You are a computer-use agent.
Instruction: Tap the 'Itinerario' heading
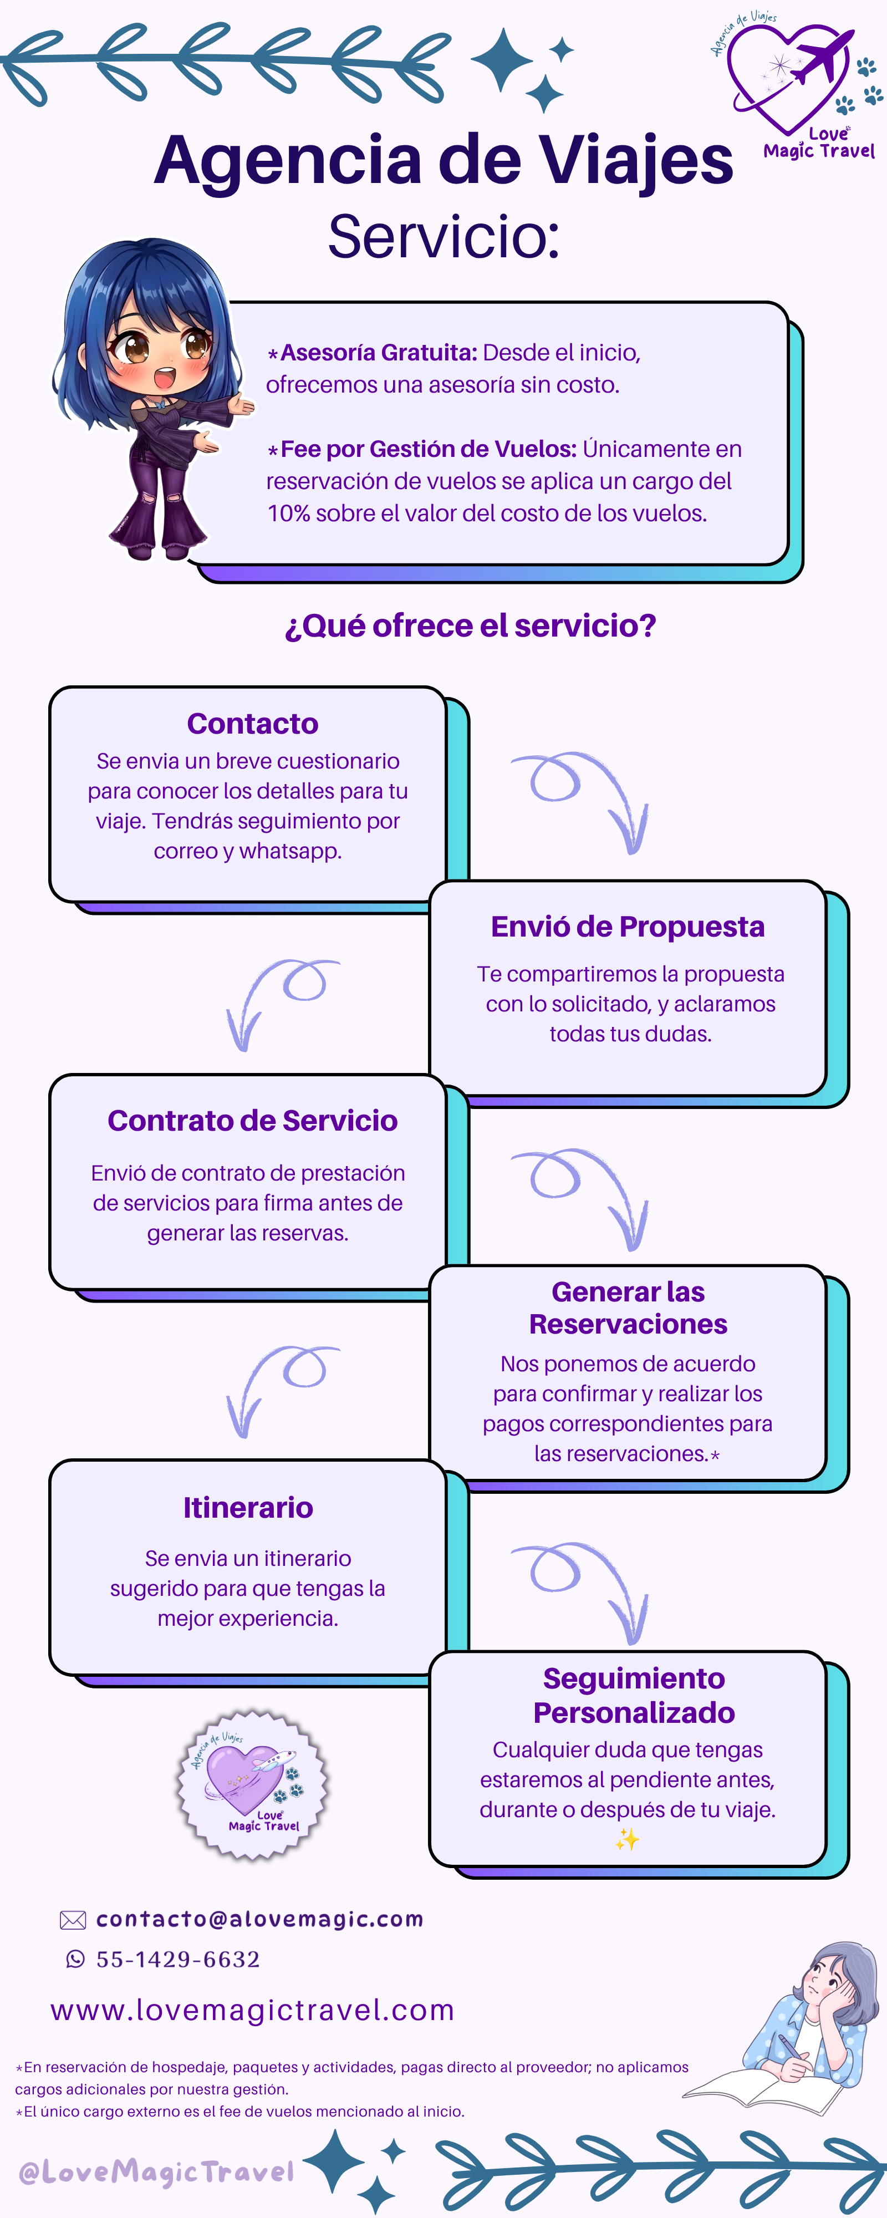tap(248, 1508)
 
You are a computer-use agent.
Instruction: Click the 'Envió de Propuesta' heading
tap(628, 927)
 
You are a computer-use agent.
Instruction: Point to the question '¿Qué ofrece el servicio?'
tap(470, 626)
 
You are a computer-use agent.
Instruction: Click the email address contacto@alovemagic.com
tap(260, 1919)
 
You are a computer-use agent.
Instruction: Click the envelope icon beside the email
tap(73, 1920)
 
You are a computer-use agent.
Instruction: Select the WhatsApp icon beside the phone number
tap(76, 1959)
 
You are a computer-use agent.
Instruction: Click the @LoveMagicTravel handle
tap(156, 2173)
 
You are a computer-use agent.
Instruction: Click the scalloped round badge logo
tap(252, 1785)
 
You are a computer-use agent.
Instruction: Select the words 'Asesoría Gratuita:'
tap(379, 353)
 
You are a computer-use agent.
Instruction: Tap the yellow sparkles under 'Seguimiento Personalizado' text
tap(627, 1840)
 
